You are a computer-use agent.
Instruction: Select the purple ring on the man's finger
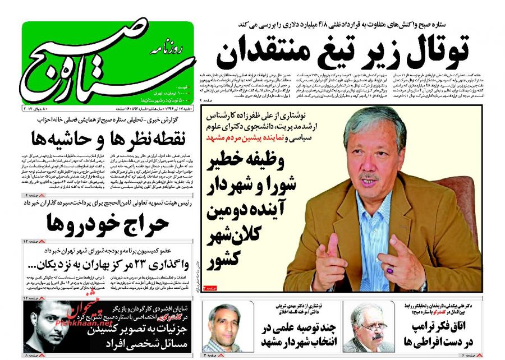click(x=390, y=270)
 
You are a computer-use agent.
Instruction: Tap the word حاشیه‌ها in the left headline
click(x=53, y=137)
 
